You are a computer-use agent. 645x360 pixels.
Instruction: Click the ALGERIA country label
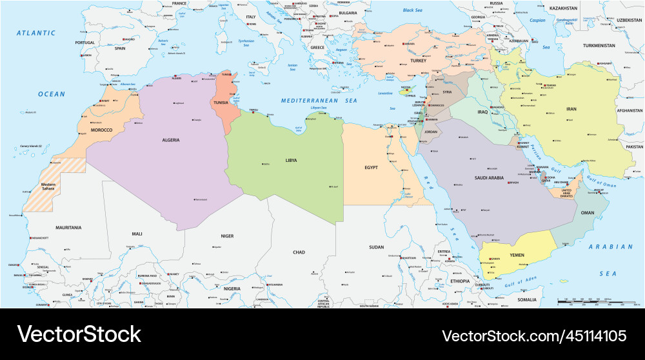[171, 139]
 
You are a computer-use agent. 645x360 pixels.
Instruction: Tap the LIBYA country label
[291, 160]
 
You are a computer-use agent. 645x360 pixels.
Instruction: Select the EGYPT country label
[371, 168]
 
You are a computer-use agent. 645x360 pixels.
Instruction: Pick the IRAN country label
[571, 110]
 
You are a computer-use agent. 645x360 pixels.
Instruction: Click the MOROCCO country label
[101, 130]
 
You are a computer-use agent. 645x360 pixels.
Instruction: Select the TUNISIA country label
[221, 102]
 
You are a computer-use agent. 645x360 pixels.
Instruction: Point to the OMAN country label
[588, 212]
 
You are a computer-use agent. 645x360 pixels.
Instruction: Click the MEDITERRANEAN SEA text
[319, 101]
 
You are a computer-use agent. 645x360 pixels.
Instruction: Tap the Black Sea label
[412, 10]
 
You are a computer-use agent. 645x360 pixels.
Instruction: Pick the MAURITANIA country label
[68, 228]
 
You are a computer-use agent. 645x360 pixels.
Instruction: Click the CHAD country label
[299, 252]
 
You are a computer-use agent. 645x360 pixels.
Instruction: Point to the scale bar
[593, 301]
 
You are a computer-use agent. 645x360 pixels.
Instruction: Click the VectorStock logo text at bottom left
[79, 334]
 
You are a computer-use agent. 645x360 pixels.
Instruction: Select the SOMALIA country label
[526, 299]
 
